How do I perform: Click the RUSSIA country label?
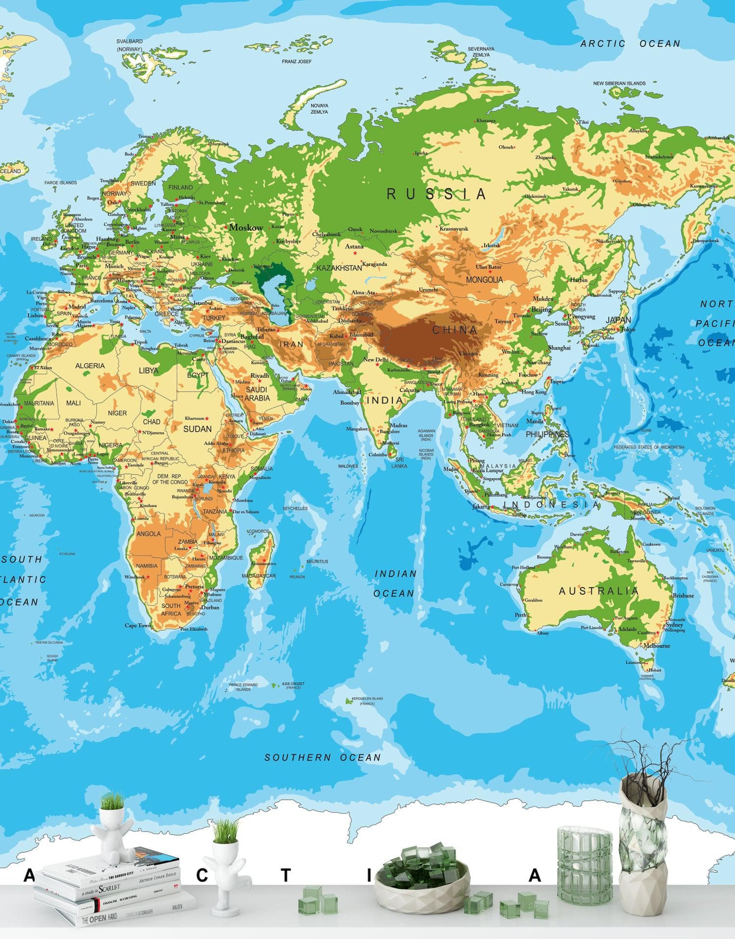coord(436,194)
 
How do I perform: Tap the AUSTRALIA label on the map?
coord(599,591)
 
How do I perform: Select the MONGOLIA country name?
coord(484,280)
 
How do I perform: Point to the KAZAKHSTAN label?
coord(339,268)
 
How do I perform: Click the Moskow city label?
coord(246,227)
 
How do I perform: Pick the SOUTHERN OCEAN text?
coord(322,757)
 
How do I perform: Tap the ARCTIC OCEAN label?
coord(630,44)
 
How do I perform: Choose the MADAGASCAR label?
coord(259,576)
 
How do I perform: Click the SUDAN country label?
coord(197,429)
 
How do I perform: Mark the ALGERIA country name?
coord(90,366)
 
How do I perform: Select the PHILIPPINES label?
coord(547,434)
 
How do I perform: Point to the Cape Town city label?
coord(138,625)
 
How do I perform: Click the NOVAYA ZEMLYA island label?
coord(319,108)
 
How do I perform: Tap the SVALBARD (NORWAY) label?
coord(129,45)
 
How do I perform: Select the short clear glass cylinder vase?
coord(585,865)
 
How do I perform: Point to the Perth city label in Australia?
coord(520,615)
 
